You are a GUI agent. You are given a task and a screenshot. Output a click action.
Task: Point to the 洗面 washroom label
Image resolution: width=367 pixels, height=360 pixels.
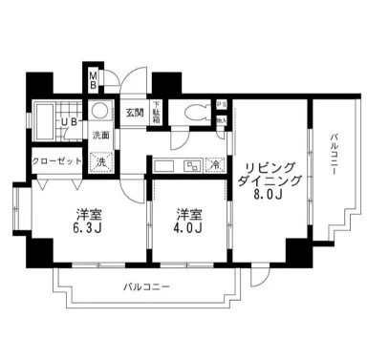(100, 136)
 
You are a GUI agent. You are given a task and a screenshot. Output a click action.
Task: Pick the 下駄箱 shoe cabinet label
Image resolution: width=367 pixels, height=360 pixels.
(159, 112)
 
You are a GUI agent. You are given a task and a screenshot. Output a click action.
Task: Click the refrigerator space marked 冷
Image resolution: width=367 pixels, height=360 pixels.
(217, 165)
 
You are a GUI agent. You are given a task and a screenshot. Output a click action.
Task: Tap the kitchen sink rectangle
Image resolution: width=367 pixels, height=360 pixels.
(163, 165)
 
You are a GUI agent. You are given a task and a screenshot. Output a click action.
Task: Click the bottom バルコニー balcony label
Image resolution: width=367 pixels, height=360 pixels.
(146, 286)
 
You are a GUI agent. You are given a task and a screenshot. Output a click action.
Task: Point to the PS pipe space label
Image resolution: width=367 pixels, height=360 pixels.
(221, 106)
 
